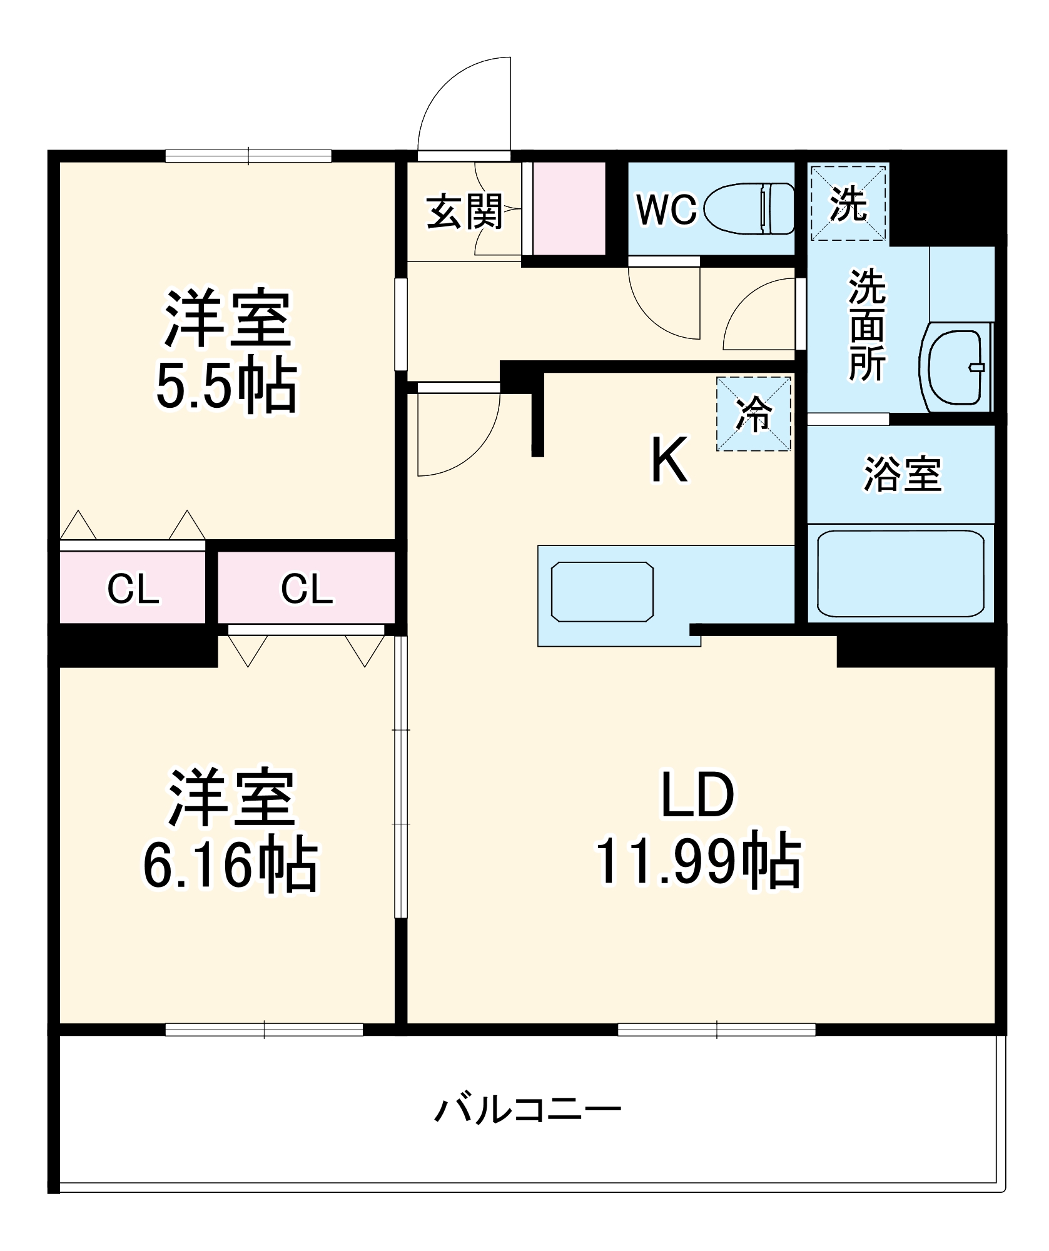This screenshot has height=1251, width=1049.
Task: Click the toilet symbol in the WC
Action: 749,208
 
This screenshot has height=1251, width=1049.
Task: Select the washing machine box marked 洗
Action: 848,203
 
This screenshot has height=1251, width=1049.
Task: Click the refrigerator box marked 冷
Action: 754,413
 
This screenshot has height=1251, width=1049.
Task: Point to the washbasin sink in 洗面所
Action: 955,368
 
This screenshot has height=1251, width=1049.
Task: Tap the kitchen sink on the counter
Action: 602,592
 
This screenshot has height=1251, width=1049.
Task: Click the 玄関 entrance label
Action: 465,211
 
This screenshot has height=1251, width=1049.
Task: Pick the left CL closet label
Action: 133,589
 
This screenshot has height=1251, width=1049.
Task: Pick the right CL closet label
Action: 306,589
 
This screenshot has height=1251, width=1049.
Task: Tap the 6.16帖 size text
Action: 230,866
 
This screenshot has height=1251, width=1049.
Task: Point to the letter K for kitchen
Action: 669,460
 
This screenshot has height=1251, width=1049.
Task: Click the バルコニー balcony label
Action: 527,1110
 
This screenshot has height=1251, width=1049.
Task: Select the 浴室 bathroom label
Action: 901,474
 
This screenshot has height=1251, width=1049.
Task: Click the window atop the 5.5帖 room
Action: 248,156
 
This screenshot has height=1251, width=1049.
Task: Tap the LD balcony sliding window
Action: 716,1029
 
